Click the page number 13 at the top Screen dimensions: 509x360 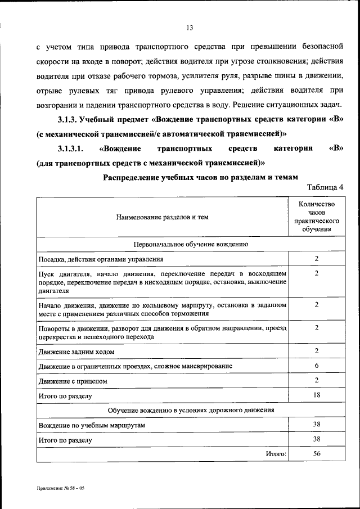190,28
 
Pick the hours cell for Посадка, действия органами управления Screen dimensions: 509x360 317,259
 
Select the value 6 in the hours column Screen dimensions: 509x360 317,366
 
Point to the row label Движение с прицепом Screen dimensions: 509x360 73,381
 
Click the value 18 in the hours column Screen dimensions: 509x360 317,395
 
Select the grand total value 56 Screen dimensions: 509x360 317,454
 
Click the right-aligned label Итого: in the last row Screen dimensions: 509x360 276,454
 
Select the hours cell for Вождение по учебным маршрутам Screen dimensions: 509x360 317,425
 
